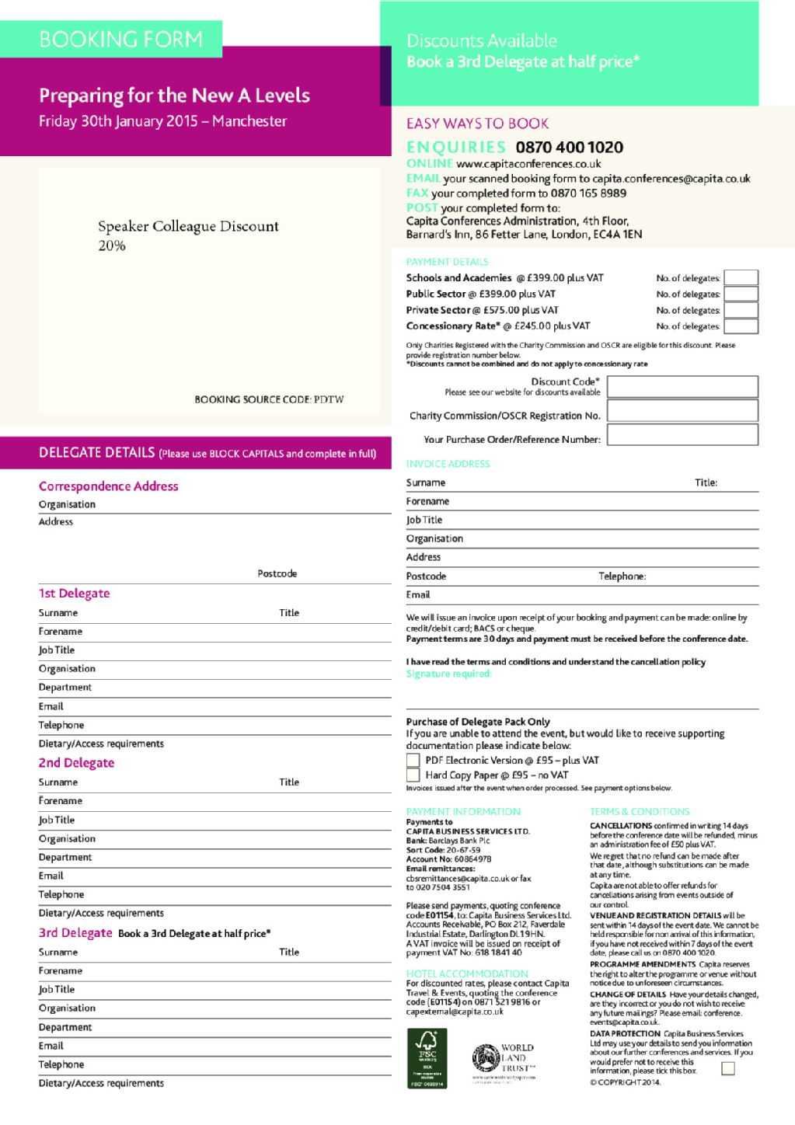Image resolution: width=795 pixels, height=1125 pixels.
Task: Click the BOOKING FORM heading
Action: click(120, 39)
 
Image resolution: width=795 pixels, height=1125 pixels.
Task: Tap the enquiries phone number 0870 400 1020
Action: click(569, 148)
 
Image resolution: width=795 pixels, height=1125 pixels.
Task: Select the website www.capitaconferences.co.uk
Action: click(528, 164)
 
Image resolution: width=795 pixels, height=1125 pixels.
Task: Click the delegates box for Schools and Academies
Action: click(741, 278)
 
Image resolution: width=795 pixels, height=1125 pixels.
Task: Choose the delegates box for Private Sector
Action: click(741, 310)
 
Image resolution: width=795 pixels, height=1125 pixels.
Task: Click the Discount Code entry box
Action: click(682, 386)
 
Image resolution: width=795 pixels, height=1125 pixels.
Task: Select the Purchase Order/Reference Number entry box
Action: click(682, 435)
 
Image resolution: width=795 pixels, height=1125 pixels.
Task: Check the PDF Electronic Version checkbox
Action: click(413, 760)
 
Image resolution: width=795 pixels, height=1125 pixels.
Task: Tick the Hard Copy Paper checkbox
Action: click(413, 775)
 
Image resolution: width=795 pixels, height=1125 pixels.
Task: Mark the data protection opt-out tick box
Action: click(727, 1068)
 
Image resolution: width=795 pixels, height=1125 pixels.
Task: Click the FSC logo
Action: click(427, 1057)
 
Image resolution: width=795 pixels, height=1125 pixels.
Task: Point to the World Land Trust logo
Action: click(503, 1059)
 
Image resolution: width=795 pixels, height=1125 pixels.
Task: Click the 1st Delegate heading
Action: click(75, 594)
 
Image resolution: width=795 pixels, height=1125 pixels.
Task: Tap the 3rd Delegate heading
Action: click(75, 932)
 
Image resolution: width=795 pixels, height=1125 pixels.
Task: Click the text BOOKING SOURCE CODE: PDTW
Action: click(269, 399)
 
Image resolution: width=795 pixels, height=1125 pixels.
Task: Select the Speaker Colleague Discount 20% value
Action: click(112, 246)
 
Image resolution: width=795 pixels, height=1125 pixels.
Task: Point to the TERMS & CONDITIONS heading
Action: click(640, 811)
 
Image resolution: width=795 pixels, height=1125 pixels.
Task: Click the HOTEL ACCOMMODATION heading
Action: click(467, 973)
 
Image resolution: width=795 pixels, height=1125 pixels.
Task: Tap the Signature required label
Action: click(449, 674)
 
